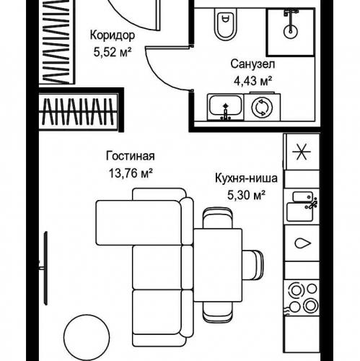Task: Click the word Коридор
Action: point(113,35)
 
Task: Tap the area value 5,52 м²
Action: point(113,52)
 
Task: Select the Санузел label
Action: point(253,64)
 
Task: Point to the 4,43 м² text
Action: point(253,81)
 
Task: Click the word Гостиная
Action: point(131,156)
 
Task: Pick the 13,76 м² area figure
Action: point(131,173)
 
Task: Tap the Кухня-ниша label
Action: point(246,178)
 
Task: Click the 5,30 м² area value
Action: point(246,195)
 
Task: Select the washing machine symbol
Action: point(262,107)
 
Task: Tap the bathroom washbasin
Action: point(226,107)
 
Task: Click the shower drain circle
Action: point(291,31)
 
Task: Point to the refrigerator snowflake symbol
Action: point(302,152)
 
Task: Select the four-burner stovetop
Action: point(302,297)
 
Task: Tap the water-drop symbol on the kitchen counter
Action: point(302,243)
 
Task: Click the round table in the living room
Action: point(87,338)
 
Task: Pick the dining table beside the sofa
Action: point(218,265)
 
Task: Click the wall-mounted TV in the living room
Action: point(45,268)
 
